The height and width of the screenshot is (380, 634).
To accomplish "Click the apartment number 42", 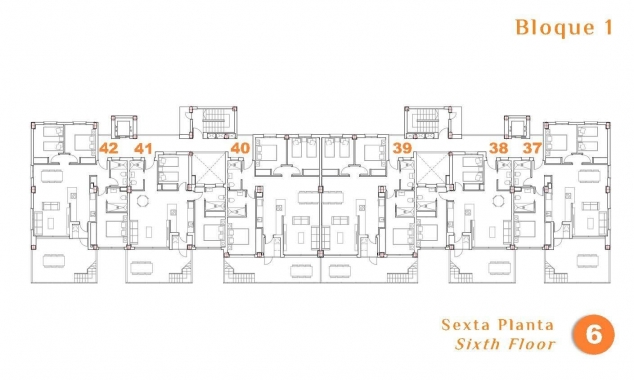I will click(109, 148).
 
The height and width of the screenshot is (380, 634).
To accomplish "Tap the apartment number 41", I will click(143, 148).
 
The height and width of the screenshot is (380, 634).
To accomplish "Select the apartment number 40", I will click(239, 148).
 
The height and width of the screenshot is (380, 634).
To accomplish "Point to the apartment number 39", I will click(402, 148).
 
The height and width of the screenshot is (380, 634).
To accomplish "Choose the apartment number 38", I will click(499, 148).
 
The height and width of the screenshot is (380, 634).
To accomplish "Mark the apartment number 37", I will click(532, 148).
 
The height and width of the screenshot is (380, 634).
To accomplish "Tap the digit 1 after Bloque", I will click(606, 28).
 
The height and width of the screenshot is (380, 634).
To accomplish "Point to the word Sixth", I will click(478, 345).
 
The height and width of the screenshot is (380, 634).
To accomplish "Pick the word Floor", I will click(531, 345).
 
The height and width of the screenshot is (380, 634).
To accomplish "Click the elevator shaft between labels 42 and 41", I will click(126, 129).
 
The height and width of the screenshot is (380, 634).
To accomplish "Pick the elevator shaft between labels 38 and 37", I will click(516, 129).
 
